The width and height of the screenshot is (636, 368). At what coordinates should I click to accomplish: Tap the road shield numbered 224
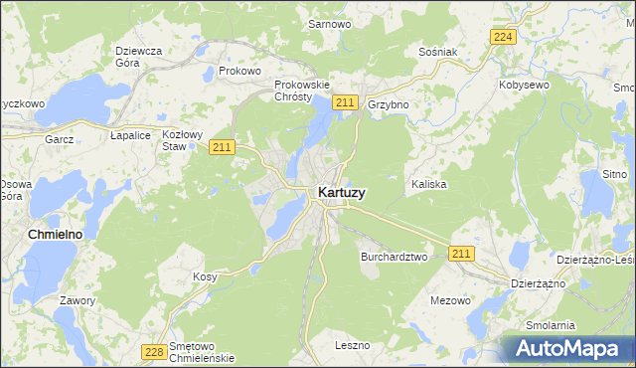(x=504, y=37)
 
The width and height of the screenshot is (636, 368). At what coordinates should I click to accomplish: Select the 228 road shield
(x=154, y=352)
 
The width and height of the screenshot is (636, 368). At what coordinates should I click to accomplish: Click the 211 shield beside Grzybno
(x=345, y=102)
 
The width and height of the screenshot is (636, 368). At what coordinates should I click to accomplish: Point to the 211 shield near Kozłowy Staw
(x=221, y=147)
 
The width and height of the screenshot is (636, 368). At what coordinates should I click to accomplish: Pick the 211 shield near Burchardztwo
(x=460, y=255)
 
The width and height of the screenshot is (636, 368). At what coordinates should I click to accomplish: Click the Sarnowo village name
(x=331, y=23)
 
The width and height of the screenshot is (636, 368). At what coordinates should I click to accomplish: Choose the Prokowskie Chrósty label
(x=301, y=91)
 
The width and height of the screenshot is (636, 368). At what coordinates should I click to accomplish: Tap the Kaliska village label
(x=428, y=185)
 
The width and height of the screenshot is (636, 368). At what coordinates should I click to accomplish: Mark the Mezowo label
(x=450, y=299)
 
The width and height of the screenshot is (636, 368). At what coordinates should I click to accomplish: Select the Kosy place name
(x=205, y=276)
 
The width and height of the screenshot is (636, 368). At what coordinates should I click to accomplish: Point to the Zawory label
(x=78, y=300)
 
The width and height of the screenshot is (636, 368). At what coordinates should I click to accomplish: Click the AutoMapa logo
(x=569, y=348)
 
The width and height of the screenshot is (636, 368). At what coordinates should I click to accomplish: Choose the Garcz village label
(x=60, y=139)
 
